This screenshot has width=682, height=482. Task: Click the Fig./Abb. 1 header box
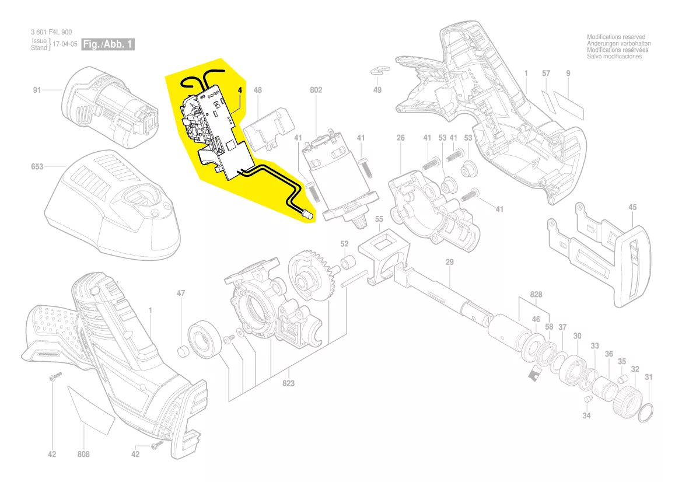click(108, 44)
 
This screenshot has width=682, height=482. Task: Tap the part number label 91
click(37, 90)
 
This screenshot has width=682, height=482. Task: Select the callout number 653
click(37, 166)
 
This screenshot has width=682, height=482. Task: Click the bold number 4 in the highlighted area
click(240, 90)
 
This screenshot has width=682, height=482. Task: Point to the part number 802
click(316, 90)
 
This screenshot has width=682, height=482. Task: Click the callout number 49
click(377, 90)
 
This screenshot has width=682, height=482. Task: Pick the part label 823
click(288, 383)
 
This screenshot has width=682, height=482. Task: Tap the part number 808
click(83, 454)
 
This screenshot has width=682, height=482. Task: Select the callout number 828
click(536, 295)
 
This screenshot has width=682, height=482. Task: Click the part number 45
click(632, 208)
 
